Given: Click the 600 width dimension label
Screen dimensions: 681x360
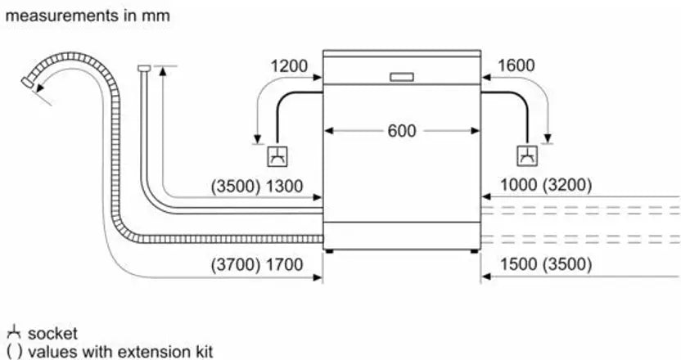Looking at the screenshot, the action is click(x=402, y=131).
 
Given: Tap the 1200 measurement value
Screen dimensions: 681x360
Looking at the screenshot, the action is click(x=289, y=66).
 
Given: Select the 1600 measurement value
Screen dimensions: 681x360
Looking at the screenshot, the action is click(x=516, y=65).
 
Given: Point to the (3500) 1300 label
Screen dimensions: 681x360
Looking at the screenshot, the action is click(x=257, y=187).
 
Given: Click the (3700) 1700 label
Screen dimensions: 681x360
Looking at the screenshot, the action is click(x=257, y=264).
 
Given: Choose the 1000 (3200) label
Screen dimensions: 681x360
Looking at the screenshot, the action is click(x=546, y=185).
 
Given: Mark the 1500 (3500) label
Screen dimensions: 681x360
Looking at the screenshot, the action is click(x=546, y=264).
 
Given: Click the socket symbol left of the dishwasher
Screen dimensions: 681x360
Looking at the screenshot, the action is click(x=277, y=156).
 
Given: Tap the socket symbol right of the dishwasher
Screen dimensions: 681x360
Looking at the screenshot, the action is click(x=527, y=156).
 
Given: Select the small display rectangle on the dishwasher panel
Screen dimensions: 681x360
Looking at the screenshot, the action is click(x=402, y=77).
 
